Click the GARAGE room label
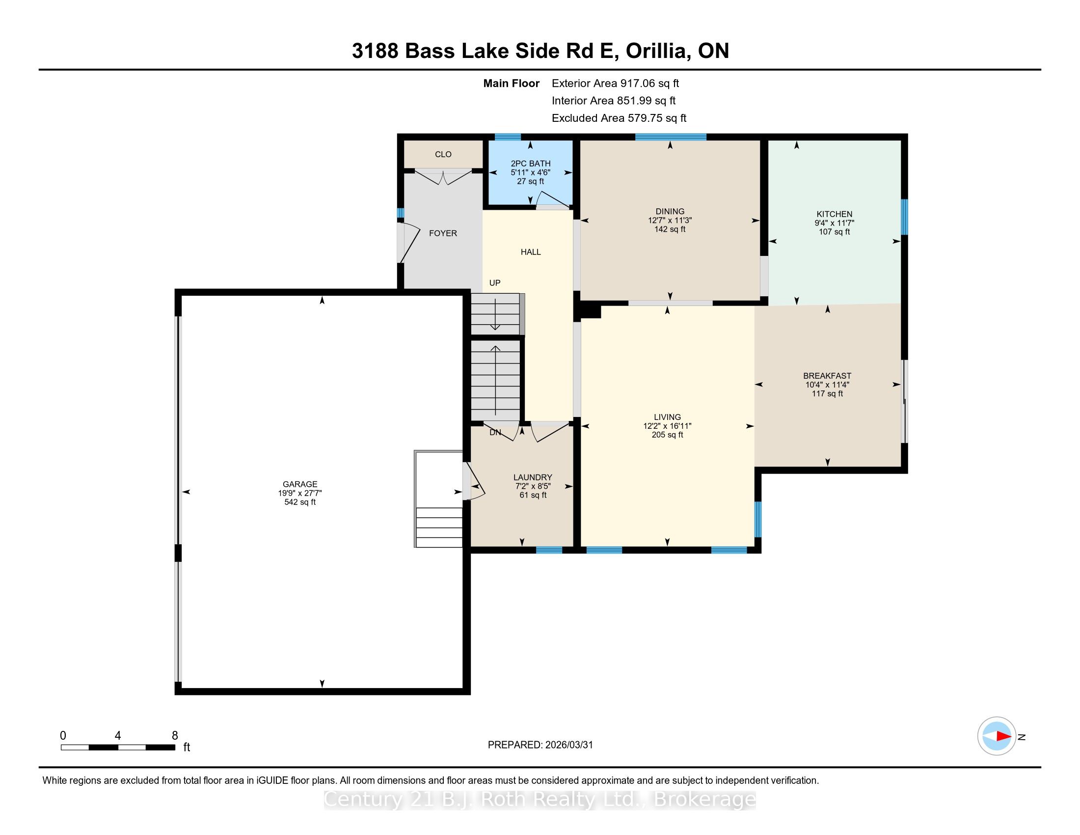point(299,484)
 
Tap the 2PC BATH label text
point(531,164)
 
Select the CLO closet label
point(443,154)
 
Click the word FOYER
point(443,233)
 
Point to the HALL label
point(531,252)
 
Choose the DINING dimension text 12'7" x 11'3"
point(670,220)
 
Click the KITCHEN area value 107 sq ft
point(834,231)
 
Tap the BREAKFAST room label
point(827,376)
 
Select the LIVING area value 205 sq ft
point(667,435)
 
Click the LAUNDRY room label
point(533,477)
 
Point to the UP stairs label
point(495,283)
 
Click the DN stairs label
point(495,432)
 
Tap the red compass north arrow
point(1004,736)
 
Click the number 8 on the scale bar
point(175,736)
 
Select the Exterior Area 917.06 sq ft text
point(616,83)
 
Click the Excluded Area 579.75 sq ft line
point(619,118)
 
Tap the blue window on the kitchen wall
point(904,217)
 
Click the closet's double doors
point(443,176)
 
